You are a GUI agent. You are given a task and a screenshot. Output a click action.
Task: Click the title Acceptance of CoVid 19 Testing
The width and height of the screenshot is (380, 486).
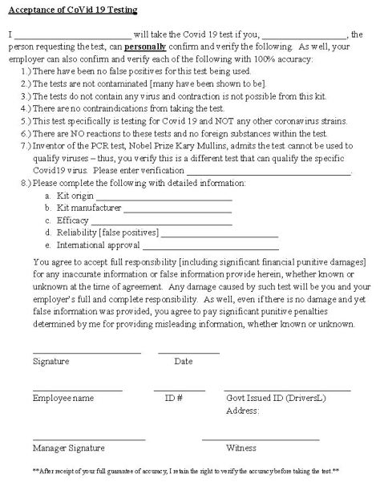tap(73, 9)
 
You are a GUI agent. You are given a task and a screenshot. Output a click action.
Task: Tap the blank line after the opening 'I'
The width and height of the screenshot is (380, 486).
tap(72, 37)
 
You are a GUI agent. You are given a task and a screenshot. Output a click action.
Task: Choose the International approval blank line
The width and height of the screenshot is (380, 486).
tap(209, 245)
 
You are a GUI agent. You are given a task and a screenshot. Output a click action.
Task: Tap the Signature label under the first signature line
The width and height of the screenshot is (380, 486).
tap(51, 361)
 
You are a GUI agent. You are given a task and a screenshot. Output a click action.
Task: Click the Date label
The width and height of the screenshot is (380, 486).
tap(184, 361)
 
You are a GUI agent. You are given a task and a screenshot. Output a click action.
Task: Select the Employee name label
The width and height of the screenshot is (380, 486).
tap(63, 398)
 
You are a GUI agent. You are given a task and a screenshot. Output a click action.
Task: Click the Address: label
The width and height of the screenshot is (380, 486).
tap(244, 410)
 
